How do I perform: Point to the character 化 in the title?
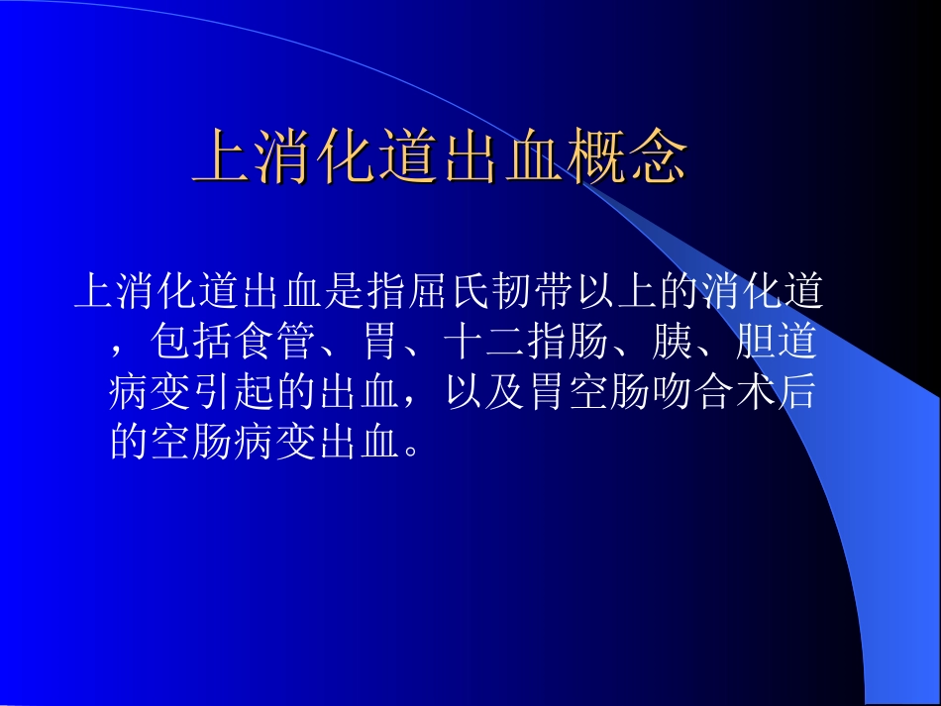pos(347,157)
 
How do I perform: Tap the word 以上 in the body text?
pos(615,293)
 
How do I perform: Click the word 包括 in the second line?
pos(192,344)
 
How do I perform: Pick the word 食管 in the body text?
pos(274,344)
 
